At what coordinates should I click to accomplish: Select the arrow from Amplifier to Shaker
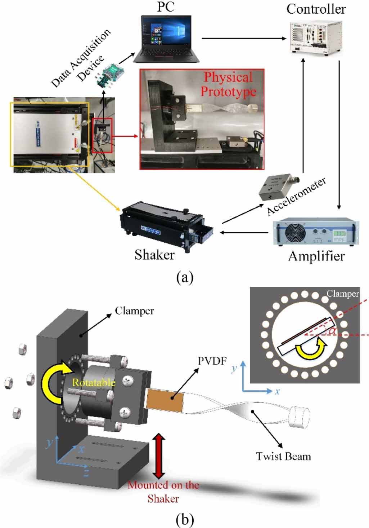click(x=244, y=233)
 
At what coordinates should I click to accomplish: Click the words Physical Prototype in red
click(x=228, y=84)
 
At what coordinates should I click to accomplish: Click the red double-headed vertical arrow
click(x=159, y=456)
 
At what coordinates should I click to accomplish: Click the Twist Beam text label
click(x=283, y=457)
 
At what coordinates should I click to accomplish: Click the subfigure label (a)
click(x=185, y=278)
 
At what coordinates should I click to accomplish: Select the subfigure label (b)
click(x=185, y=520)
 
